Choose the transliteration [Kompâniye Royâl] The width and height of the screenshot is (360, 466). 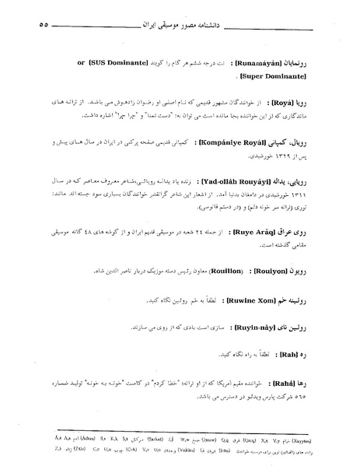point(242,144)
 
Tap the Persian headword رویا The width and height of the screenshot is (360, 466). point(310,100)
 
